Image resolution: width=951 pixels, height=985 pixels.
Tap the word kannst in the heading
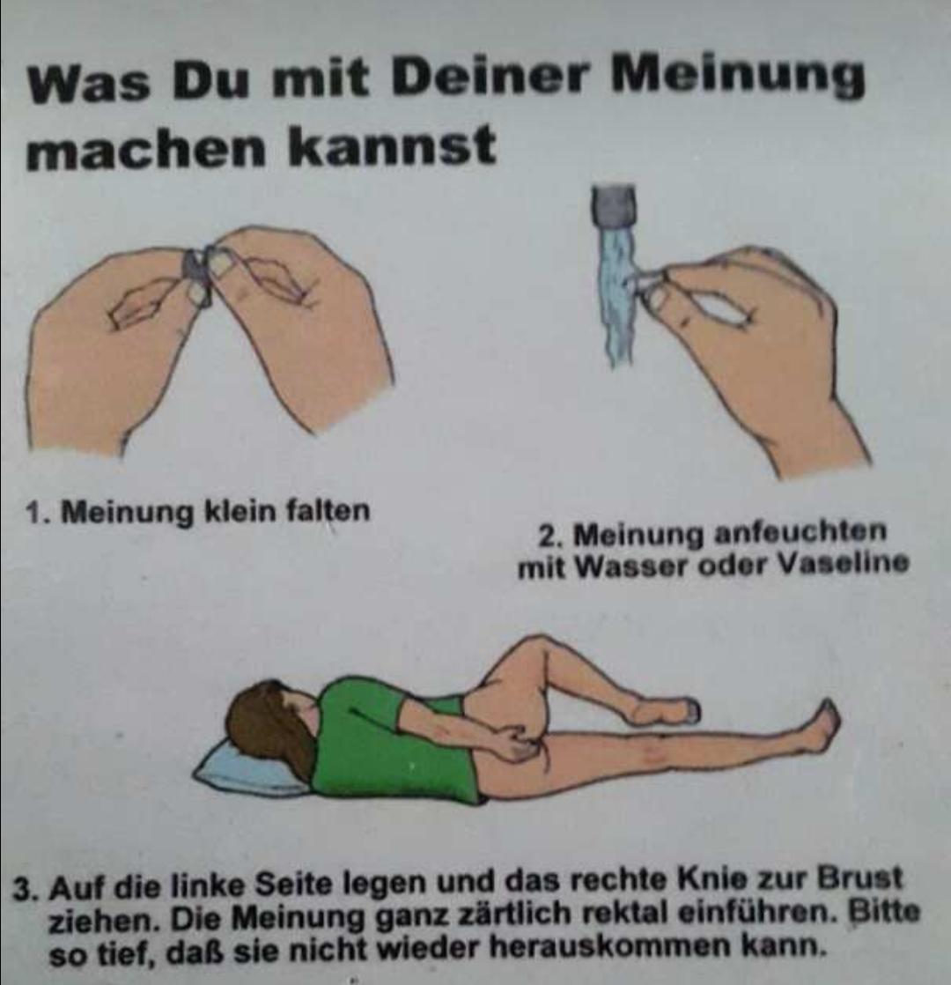pos(392,146)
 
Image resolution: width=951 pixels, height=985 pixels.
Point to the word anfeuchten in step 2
pos(801,533)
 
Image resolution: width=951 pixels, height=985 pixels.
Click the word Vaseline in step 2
pos(843,563)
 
